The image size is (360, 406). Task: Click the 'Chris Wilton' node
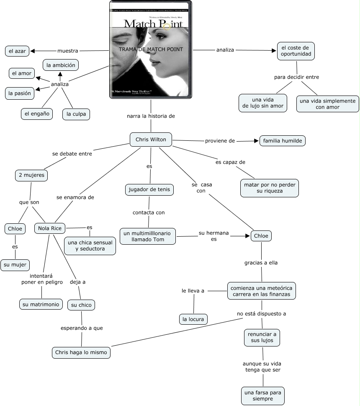point(151,140)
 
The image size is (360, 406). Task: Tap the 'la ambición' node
point(61,65)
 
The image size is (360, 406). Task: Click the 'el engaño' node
point(37,113)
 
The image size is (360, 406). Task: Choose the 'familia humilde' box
point(283,141)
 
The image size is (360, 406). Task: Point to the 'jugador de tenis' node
point(149,190)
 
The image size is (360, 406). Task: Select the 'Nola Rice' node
point(50,228)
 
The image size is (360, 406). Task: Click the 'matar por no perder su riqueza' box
point(270,188)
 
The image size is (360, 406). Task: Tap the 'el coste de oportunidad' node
point(295,51)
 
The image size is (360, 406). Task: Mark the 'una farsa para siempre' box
point(263,396)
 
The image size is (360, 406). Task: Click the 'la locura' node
point(193,319)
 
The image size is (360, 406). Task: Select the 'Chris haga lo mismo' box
point(81,352)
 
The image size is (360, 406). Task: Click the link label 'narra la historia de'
point(151,116)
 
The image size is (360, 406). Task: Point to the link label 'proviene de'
point(220,141)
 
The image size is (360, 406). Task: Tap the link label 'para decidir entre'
point(296,77)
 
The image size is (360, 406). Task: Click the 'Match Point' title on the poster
point(153,23)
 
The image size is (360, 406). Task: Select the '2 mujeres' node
point(31,175)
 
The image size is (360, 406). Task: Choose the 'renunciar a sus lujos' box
point(262,337)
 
